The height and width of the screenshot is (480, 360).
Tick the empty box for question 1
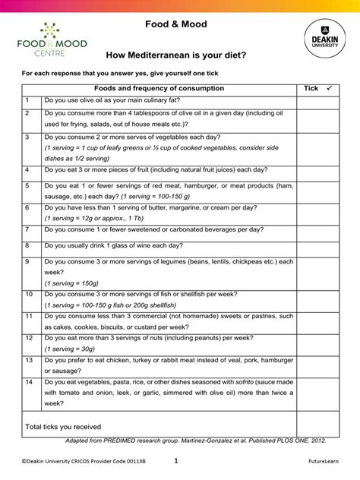318,101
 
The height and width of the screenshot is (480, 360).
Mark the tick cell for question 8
318,246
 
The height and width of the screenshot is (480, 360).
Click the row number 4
27,170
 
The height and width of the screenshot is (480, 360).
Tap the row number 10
29,294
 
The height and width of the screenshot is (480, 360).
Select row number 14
29,383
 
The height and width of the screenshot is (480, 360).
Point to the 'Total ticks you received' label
63,426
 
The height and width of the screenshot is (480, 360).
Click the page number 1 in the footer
175,460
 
